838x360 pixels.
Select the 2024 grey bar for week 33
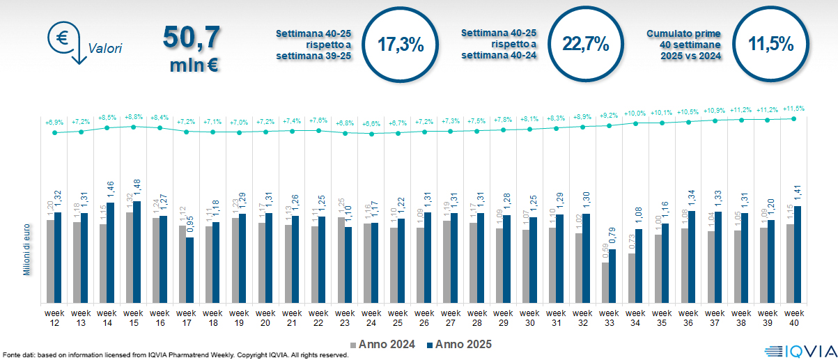click(605, 282)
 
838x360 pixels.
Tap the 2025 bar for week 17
click(190, 269)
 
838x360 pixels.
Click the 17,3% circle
click(401, 45)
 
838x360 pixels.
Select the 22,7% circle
click(586, 45)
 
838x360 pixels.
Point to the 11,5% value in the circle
click(771, 45)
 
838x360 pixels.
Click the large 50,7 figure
click(192, 36)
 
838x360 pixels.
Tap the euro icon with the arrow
click(64, 40)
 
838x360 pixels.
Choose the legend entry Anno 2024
click(387, 344)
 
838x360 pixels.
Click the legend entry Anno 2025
click(459, 344)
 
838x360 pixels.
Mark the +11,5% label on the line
click(794, 109)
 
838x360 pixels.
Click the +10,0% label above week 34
click(635, 113)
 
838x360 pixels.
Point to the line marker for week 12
click(54, 132)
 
